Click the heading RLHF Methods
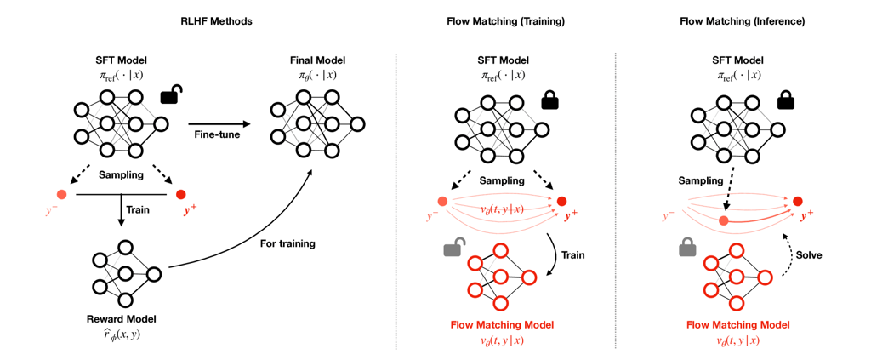pyautogui.click(x=217, y=20)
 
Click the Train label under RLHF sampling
pyautogui.click(x=138, y=207)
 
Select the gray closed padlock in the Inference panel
pyautogui.click(x=686, y=249)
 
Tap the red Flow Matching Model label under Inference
pyautogui.click(x=737, y=325)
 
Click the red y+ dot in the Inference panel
pyautogui.click(x=797, y=202)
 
